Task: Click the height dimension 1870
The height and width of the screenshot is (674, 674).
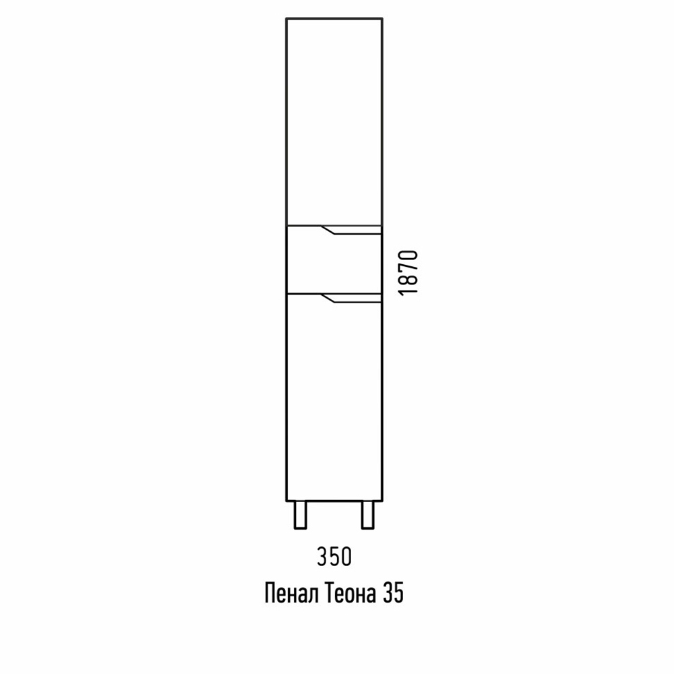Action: [408, 272]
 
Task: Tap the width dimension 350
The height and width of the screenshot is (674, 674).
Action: [334, 557]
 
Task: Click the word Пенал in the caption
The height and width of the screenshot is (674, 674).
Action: [291, 594]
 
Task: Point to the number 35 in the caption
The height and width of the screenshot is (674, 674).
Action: [392, 594]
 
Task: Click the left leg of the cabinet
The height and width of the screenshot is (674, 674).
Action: [300, 514]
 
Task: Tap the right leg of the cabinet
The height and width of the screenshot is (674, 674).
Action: [368, 514]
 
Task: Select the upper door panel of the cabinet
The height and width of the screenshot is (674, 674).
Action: [334, 121]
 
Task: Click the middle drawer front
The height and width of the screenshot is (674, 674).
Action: [334, 259]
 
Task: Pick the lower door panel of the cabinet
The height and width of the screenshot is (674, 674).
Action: [334, 397]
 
